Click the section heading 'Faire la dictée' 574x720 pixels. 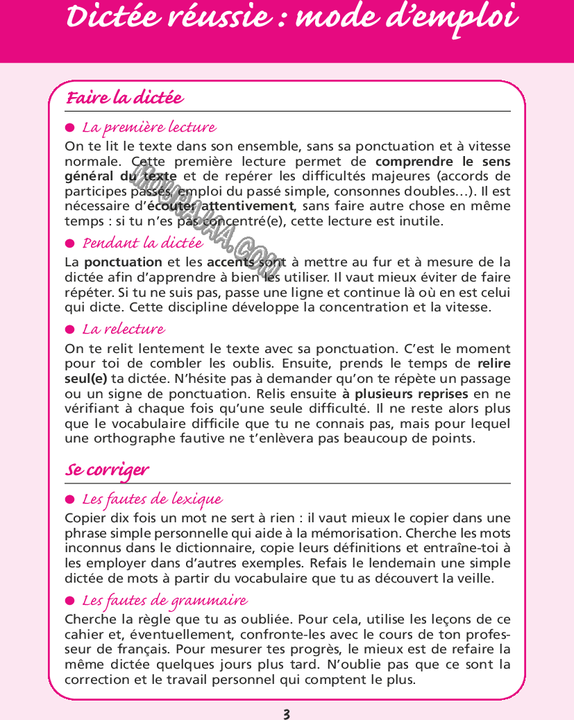(x=124, y=98)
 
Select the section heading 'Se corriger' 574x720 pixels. (x=107, y=470)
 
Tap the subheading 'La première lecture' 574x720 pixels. (x=149, y=128)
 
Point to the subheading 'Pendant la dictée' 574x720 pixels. (x=143, y=243)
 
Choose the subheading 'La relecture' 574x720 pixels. (x=124, y=329)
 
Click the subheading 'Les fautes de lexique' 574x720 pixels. (x=152, y=499)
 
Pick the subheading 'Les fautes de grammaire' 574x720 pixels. (x=164, y=600)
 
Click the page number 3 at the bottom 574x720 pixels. (x=287, y=713)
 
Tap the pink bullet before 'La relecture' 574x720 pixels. (x=69, y=329)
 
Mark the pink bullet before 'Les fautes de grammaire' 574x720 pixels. (x=69, y=601)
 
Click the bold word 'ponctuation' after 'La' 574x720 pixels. (x=123, y=262)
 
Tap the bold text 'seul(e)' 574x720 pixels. (x=85, y=379)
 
